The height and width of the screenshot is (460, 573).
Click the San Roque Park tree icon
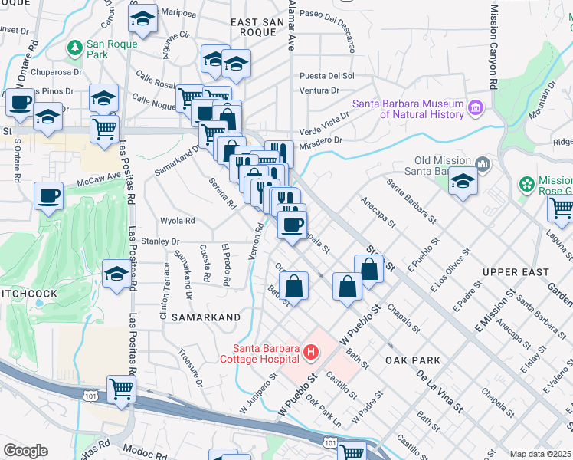[x=75, y=48]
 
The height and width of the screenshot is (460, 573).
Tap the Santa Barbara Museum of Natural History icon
[x=476, y=106]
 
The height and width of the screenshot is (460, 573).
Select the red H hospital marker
[x=311, y=353]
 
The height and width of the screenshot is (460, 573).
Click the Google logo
[x=25, y=451]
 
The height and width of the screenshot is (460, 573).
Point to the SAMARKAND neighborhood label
[x=205, y=317]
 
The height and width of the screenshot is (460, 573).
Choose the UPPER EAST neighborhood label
[x=516, y=272]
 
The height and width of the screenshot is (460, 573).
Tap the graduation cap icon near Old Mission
[x=463, y=181]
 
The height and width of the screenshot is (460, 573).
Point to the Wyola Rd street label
[x=177, y=221]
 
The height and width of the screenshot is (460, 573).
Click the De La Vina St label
[x=440, y=389]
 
